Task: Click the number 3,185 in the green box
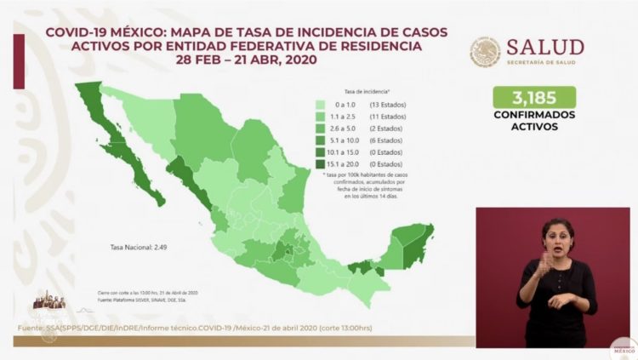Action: tap(534, 97)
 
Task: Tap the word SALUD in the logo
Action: tap(545, 47)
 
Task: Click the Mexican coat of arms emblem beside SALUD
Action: tap(485, 52)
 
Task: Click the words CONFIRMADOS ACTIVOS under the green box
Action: tap(534, 120)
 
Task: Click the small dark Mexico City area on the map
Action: tap(290, 253)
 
